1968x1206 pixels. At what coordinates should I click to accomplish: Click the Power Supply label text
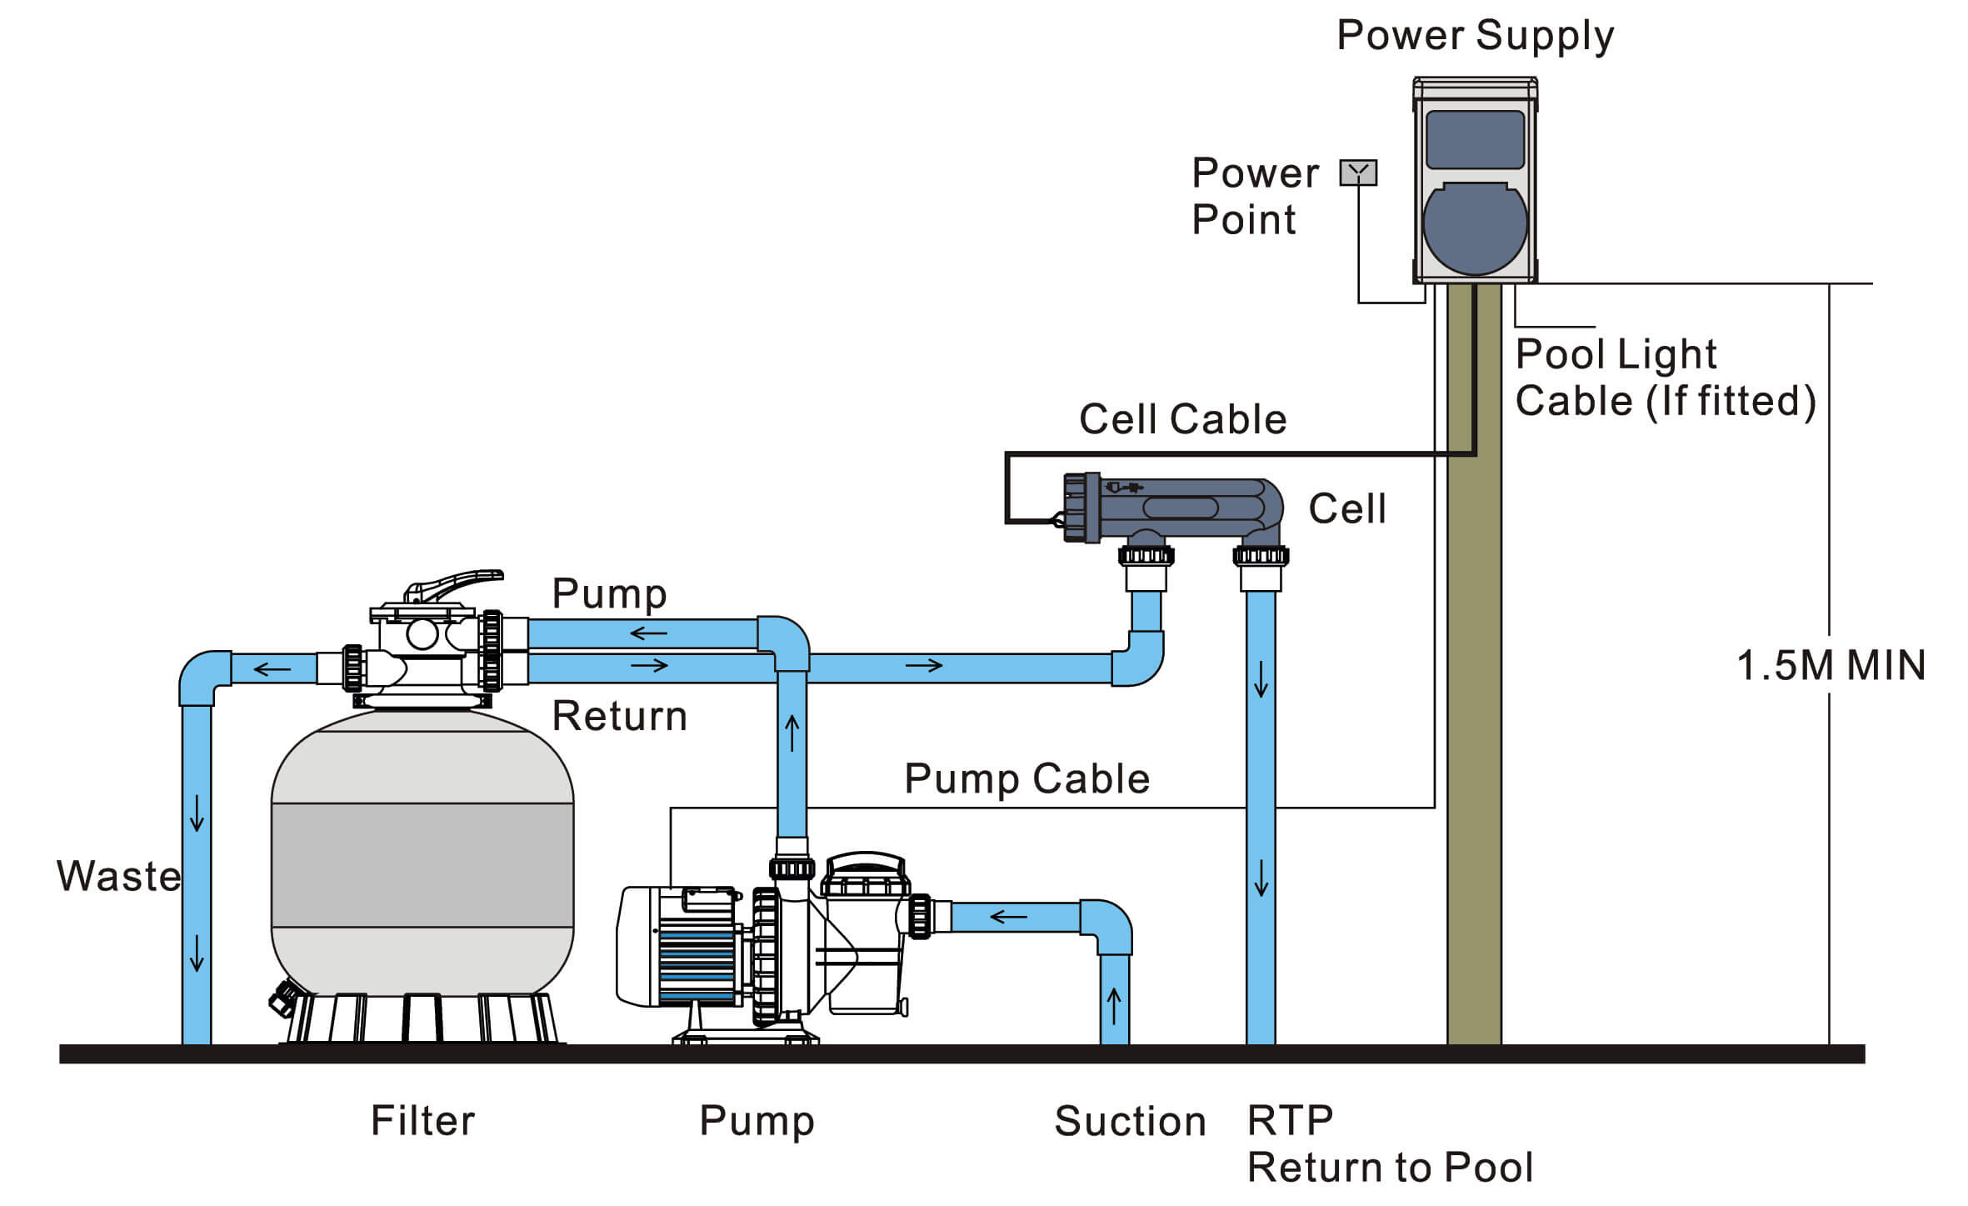[x=1475, y=36]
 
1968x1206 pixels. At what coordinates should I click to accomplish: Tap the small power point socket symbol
[x=1358, y=173]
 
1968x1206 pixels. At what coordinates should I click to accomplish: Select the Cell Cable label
[x=1182, y=419]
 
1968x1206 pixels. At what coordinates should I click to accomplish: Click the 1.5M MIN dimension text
[x=1831, y=666]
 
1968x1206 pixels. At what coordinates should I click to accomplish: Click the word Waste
[x=118, y=876]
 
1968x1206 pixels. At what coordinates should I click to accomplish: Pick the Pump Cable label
[x=1026, y=779]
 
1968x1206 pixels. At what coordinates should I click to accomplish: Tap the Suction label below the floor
[x=1130, y=1121]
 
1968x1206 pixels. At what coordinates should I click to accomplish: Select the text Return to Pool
[x=1390, y=1167]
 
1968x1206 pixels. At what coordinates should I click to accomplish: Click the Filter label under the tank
[x=422, y=1120]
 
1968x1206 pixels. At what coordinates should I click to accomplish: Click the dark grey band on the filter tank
[x=422, y=865]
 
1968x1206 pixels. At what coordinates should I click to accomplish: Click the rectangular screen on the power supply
[x=1475, y=139]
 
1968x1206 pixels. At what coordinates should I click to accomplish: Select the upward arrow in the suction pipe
[x=1114, y=1005]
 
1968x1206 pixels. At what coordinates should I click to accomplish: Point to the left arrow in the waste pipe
[x=272, y=668]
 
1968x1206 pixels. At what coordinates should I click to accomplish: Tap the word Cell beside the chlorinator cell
[x=1346, y=508]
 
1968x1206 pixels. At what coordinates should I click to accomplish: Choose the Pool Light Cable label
[x=1664, y=378]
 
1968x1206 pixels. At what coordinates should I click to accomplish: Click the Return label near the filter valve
[x=619, y=716]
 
